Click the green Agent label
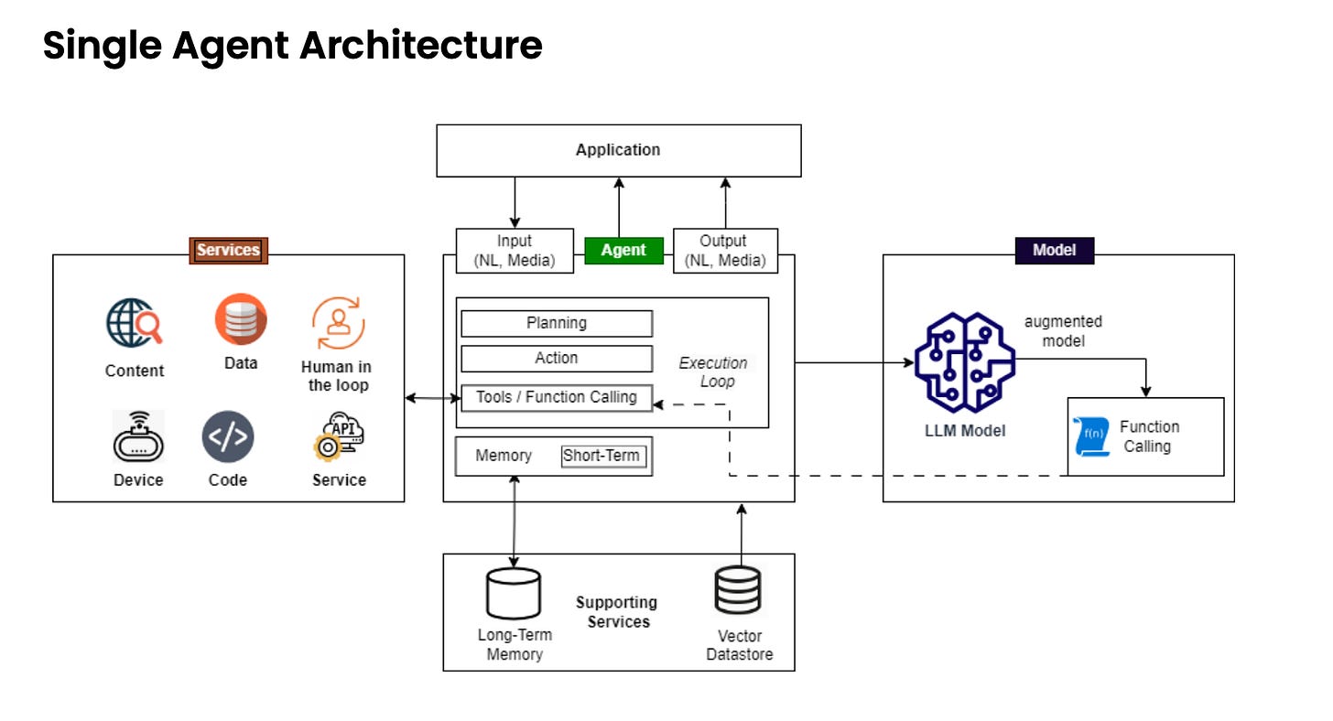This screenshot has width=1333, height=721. (623, 250)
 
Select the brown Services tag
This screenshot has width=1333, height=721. (229, 251)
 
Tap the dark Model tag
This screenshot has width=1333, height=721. (1055, 250)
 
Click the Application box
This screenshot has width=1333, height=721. (619, 150)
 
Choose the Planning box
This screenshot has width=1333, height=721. (557, 323)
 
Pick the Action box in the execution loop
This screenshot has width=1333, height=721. (557, 358)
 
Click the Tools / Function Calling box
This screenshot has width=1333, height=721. (557, 397)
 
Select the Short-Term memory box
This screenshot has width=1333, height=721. (602, 456)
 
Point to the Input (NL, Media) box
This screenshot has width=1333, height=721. (515, 251)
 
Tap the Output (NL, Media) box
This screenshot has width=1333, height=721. (725, 251)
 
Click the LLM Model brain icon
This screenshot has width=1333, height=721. (964, 362)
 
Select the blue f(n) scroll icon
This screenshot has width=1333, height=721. (1092, 436)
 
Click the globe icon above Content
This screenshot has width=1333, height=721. (134, 322)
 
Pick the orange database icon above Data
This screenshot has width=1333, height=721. (241, 318)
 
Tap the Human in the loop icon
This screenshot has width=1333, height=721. (338, 323)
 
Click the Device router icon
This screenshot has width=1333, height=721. (138, 436)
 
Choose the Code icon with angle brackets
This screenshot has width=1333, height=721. (228, 436)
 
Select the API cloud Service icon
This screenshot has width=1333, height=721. (339, 436)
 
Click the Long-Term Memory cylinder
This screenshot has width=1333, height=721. (514, 594)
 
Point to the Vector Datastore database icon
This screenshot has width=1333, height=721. (738, 590)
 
